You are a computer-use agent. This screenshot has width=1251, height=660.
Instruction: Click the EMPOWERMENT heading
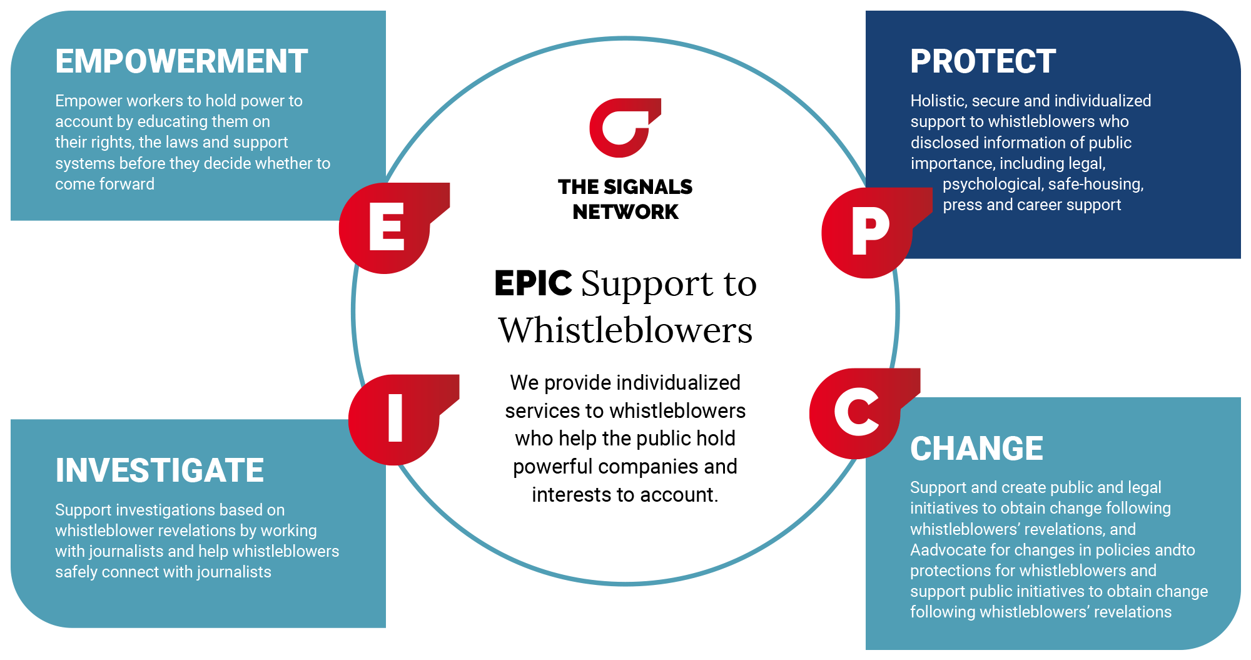coord(181,61)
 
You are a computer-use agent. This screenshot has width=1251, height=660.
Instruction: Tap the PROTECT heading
coord(983,61)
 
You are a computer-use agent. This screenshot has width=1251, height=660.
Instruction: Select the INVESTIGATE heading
coord(160,470)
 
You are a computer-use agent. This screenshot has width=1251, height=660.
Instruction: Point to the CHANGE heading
coord(976,449)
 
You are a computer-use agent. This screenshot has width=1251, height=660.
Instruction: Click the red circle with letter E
coord(385,228)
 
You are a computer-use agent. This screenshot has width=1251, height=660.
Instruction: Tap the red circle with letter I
coord(395,419)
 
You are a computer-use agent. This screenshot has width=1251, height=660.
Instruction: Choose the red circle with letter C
coord(856,413)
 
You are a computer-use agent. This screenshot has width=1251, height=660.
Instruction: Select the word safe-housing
coord(1095,184)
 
